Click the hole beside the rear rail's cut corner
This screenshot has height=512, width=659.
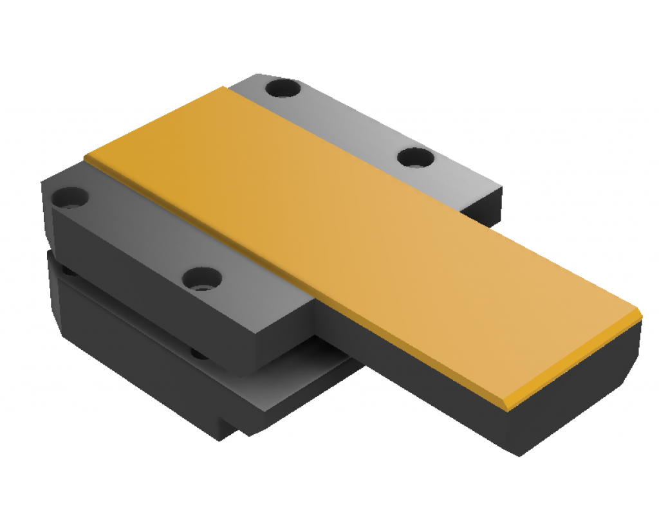pyautogui.click(x=283, y=88)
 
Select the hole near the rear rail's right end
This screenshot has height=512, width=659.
pyautogui.click(x=414, y=157)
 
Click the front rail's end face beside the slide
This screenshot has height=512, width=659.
pyautogui.click(x=283, y=341)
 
